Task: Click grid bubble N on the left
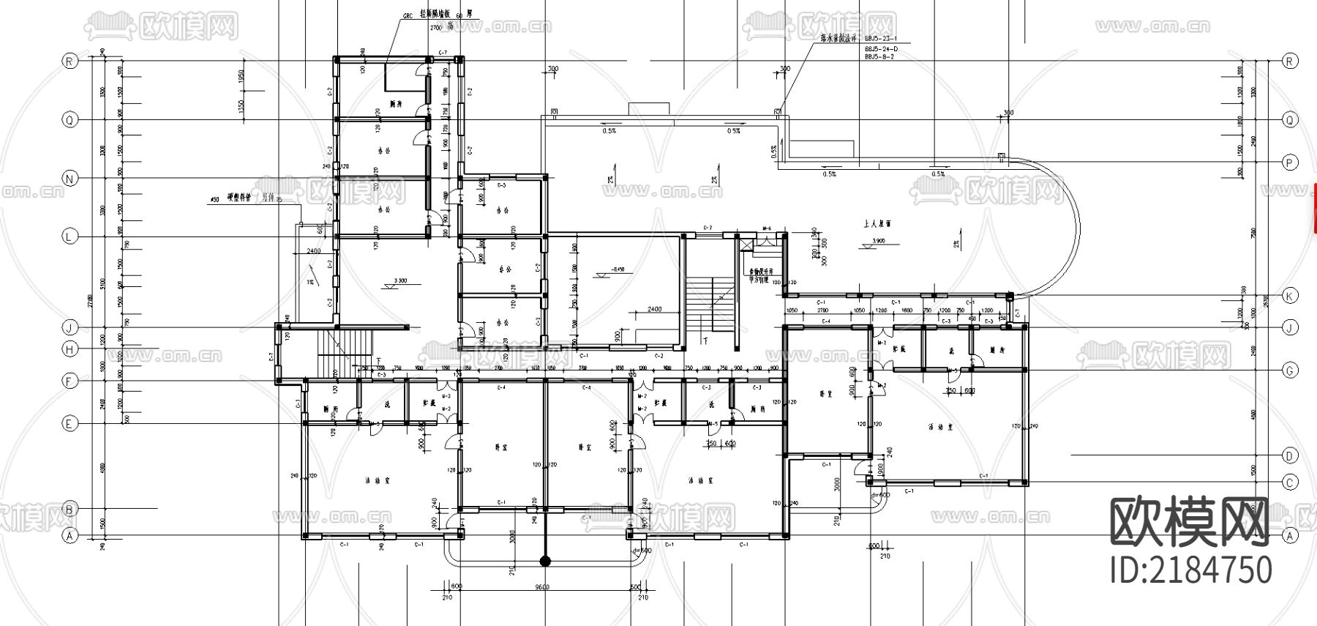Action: (70, 179)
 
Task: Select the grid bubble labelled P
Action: (1289, 163)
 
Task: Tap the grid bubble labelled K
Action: (1289, 296)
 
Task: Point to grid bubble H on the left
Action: (70, 349)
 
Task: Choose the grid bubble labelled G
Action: (1289, 371)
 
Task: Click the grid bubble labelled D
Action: (1289, 455)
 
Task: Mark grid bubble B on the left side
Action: (70, 509)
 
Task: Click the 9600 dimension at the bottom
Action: (541, 586)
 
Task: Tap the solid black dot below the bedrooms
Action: (544, 562)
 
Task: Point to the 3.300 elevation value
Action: (400, 280)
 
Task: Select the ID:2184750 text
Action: (1191, 570)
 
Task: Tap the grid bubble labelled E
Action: (70, 424)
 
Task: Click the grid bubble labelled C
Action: (1289, 482)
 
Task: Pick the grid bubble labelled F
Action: (70, 381)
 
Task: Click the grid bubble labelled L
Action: (70, 236)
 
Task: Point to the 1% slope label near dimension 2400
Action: (310, 283)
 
